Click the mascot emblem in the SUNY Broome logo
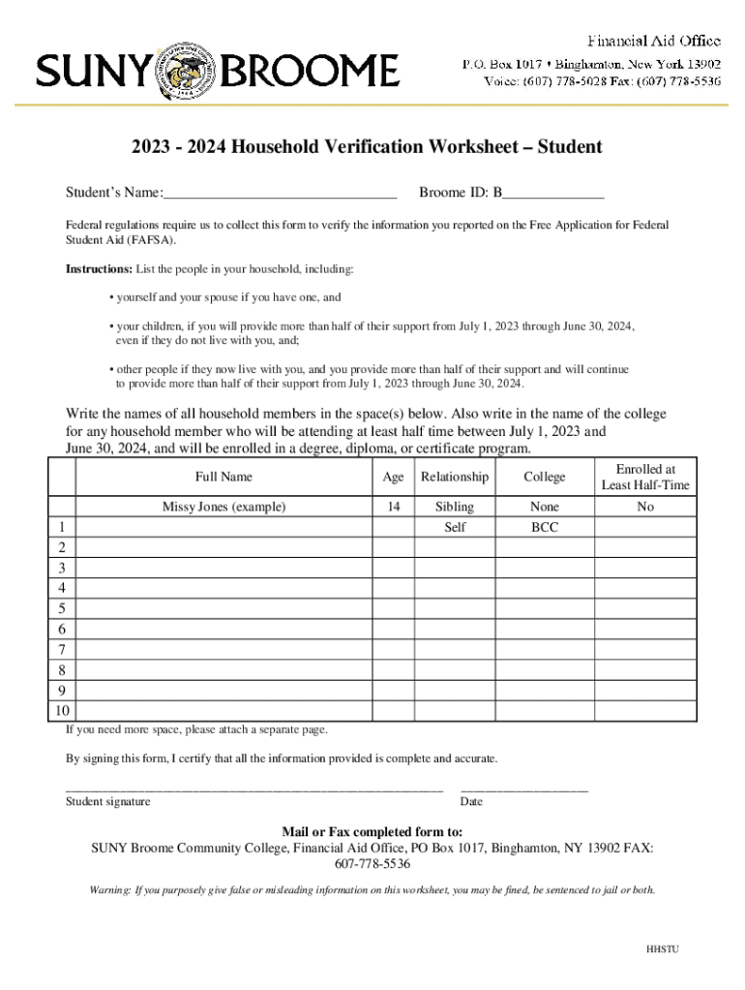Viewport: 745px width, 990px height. (x=189, y=71)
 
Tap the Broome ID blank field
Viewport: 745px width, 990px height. (x=553, y=194)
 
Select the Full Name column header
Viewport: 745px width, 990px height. (x=223, y=477)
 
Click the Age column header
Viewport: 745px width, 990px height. (x=393, y=477)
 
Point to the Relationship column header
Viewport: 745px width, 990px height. (x=454, y=477)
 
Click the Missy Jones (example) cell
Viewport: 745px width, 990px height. (x=223, y=507)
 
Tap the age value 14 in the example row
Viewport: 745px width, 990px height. (x=393, y=507)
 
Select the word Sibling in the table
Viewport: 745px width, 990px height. (x=454, y=507)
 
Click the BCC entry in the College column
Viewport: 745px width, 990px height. (x=545, y=528)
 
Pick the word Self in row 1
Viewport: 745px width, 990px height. (x=454, y=528)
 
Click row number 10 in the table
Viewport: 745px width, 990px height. (x=62, y=711)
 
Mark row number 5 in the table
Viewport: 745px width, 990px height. (x=62, y=609)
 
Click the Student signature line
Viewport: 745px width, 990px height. (x=253, y=791)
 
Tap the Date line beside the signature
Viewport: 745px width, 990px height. (x=523, y=791)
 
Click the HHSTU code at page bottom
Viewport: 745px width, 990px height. (x=663, y=948)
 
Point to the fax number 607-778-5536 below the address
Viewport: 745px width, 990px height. (x=372, y=864)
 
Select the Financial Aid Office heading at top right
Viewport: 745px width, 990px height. (x=655, y=41)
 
